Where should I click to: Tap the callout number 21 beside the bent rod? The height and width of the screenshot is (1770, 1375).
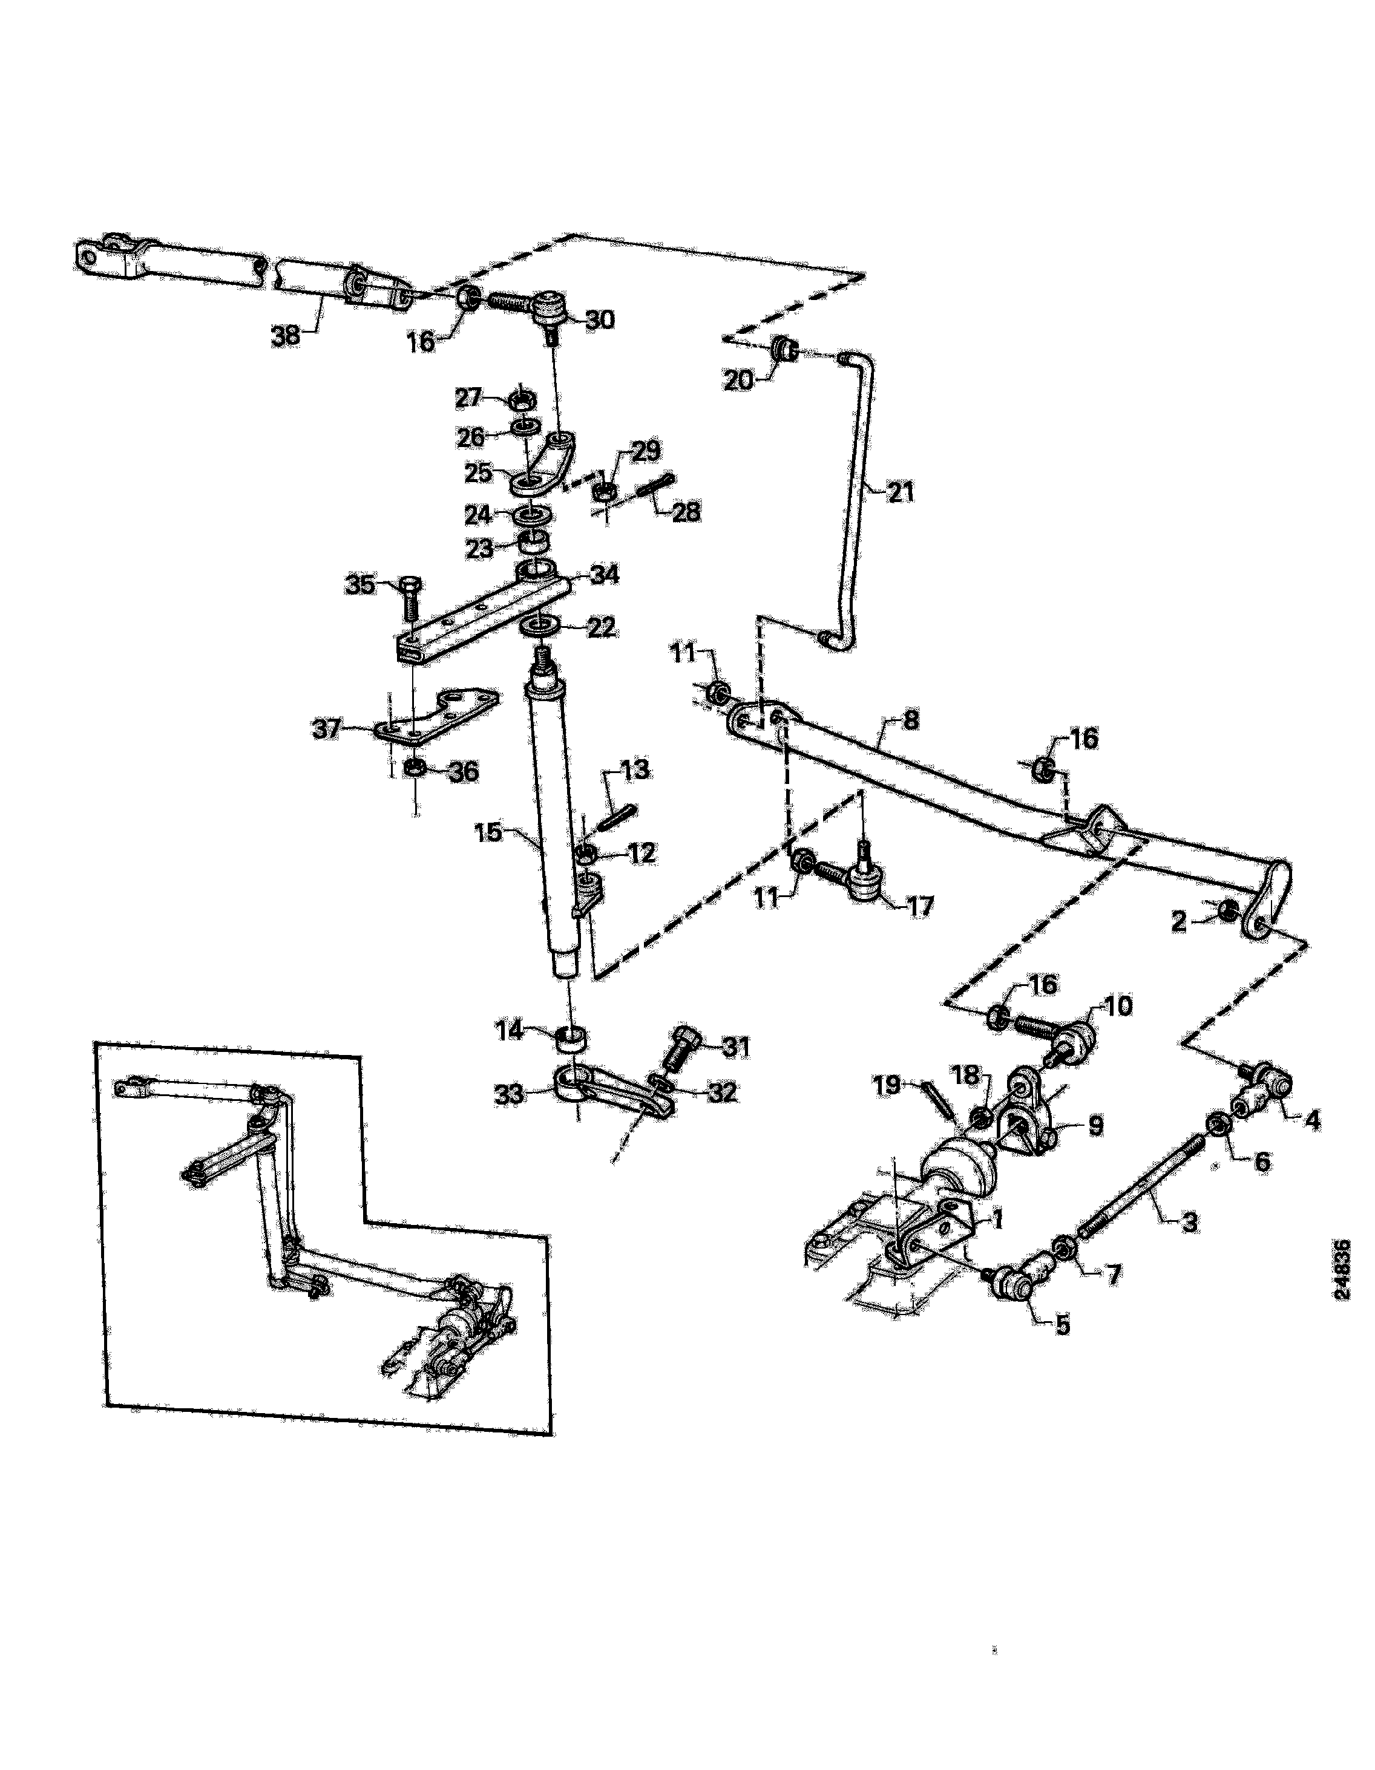click(899, 492)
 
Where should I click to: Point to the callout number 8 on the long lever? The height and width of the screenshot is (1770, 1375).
click(911, 720)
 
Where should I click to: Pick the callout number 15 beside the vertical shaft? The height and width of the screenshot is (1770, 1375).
click(489, 832)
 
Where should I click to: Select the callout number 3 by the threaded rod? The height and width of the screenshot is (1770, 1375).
click(1189, 1222)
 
